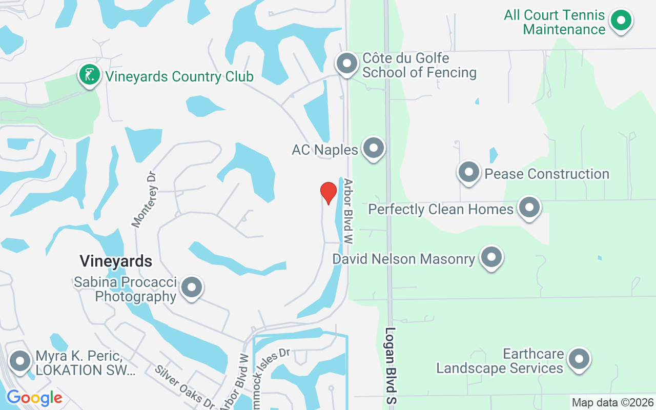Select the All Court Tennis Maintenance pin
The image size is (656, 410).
(x=621, y=21)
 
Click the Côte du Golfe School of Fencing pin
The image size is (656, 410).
(x=346, y=64)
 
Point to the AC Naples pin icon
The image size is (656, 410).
(x=373, y=149)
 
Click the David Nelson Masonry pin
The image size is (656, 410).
(x=491, y=257)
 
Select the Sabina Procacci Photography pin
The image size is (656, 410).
(x=192, y=288)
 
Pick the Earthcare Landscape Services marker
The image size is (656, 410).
(x=579, y=359)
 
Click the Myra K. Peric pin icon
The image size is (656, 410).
(x=20, y=361)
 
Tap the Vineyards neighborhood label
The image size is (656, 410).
(x=116, y=261)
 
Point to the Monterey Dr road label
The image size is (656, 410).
(x=144, y=199)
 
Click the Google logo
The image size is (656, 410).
(x=34, y=398)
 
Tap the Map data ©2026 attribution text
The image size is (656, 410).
(x=612, y=402)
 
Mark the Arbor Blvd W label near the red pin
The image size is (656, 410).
(x=349, y=211)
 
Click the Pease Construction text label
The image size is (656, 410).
(x=547, y=174)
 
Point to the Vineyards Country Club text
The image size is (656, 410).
(x=179, y=77)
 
